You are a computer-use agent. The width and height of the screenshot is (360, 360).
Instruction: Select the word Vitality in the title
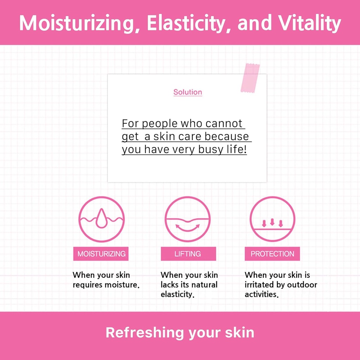tap(310, 23)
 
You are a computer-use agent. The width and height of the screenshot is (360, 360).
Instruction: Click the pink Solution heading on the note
tap(188, 92)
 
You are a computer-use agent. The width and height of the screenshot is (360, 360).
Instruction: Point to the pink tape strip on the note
tap(250, 78)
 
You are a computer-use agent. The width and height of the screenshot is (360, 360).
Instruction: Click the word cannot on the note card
tap(224, 123)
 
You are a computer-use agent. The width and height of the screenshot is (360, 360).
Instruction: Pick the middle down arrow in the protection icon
tap(272, 222)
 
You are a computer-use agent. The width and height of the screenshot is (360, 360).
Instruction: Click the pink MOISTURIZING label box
tap(101, 254)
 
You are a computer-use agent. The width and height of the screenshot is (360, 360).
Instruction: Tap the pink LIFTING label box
tap(188, 254)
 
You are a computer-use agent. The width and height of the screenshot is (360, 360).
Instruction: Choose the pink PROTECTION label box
tap(272, 254)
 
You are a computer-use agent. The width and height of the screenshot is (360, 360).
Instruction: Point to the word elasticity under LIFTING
tap(178, 294)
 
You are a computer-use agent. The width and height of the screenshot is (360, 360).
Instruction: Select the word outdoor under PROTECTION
tap(302, 285)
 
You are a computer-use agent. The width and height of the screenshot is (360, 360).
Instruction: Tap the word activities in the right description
tap(262, 294)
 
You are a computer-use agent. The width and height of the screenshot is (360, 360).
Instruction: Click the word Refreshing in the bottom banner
tap(144, 333)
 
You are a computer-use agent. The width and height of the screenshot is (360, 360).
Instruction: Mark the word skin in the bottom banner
tap(239, 333)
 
